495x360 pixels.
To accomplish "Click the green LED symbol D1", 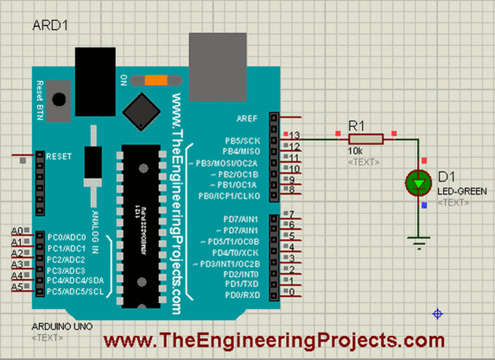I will tap(418, 183).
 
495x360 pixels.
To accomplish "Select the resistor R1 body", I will tap(365, 140).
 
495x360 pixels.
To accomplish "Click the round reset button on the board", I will tap(59, 99).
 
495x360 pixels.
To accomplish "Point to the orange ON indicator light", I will tap(156, 80).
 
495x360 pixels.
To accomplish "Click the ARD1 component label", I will tap(49, 26).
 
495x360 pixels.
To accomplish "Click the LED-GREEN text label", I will tap(462, 192).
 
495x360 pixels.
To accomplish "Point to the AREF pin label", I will tap(247, 118).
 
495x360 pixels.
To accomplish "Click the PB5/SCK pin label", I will tap(243, 141).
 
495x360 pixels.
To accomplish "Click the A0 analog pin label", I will tap(17, 230).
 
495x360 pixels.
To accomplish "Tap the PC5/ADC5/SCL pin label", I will tap(75, 291).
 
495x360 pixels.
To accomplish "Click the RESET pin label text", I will tap(58, 157).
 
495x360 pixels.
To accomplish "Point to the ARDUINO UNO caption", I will tap(62, 326).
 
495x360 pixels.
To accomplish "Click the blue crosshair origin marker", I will tap(437, 314).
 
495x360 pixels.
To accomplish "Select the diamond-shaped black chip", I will tap(141, 112).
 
